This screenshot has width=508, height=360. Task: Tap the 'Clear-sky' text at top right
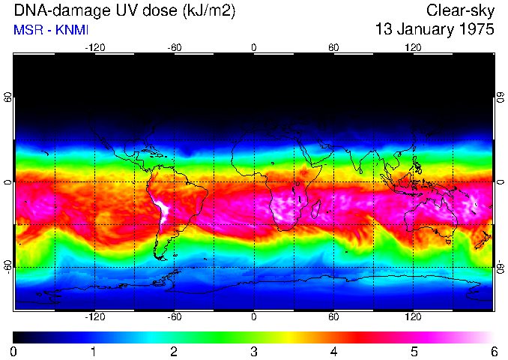tap(460, 11)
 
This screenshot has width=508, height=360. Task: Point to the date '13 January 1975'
tap(435, 30)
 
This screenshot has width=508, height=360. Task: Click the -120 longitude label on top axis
tap(94, 47)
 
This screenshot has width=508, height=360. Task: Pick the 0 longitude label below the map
tap(254, 317)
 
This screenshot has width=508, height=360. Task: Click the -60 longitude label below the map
tap(174, 317)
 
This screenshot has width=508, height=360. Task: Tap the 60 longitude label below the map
tap(334, 317)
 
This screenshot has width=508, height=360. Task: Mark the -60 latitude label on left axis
tap(7, 266)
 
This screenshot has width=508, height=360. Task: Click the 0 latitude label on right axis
tap(501, 182)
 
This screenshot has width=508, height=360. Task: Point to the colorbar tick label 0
tap(14, 352)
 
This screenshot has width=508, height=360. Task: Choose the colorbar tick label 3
tap(254, 352)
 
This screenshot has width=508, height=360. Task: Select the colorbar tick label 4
tap(334, 352)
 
